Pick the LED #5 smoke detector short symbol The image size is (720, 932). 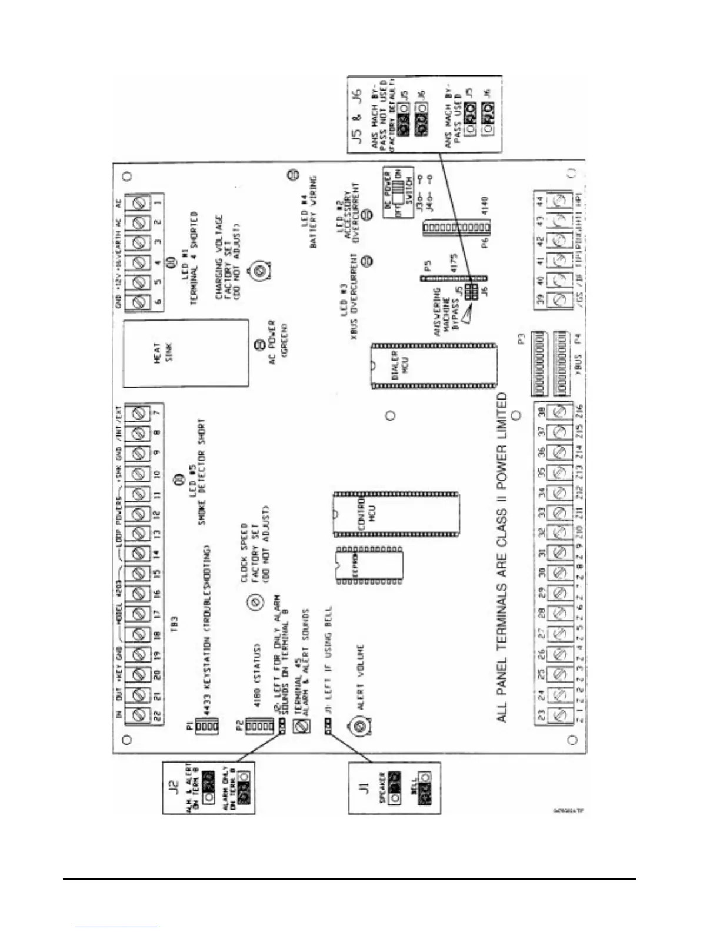[174, 480]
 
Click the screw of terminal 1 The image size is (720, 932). [141, 204]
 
